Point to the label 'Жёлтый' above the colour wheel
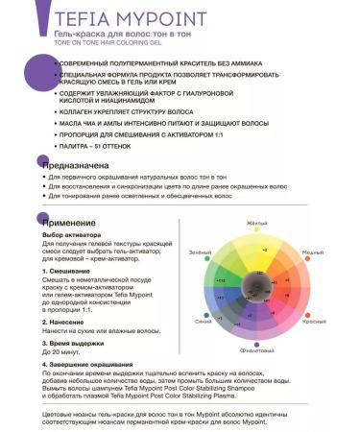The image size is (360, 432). tap(257, 223)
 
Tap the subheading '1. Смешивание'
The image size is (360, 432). tap(66, 271)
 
